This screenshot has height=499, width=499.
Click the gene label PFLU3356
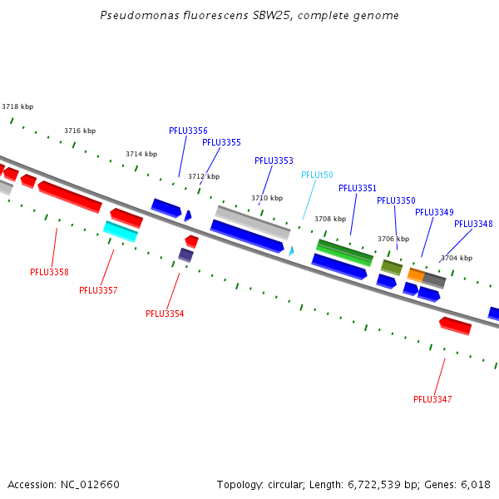tap(188, 131)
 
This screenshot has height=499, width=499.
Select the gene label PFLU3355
tap(221, 142)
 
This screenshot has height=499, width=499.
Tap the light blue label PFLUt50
tap(317, 175)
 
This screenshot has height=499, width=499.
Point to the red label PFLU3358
tap(49, 272)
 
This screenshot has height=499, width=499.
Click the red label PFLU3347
tap(432, 399)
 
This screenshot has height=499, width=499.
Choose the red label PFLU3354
tap(165, 314)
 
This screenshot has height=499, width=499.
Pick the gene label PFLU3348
tap(473, 224)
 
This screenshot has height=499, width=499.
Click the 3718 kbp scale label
tap(17, 106)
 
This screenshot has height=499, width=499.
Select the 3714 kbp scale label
tap(141, 154)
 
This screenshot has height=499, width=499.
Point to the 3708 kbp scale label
tap(330, 219)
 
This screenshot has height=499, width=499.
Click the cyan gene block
tap(121, 232)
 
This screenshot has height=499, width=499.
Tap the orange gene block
tap(416, 275)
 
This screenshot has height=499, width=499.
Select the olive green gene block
tap(392, 268)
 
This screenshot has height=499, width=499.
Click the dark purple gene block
tap(185, 255)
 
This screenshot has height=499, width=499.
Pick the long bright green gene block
tap(344, 253)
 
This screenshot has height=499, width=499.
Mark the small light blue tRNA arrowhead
tap(291, 251)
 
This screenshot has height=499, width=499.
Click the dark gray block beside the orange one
tap(434, 281)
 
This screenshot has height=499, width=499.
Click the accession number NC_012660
tap(90, 485)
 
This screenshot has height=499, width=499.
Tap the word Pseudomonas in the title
tap(140, 15)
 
